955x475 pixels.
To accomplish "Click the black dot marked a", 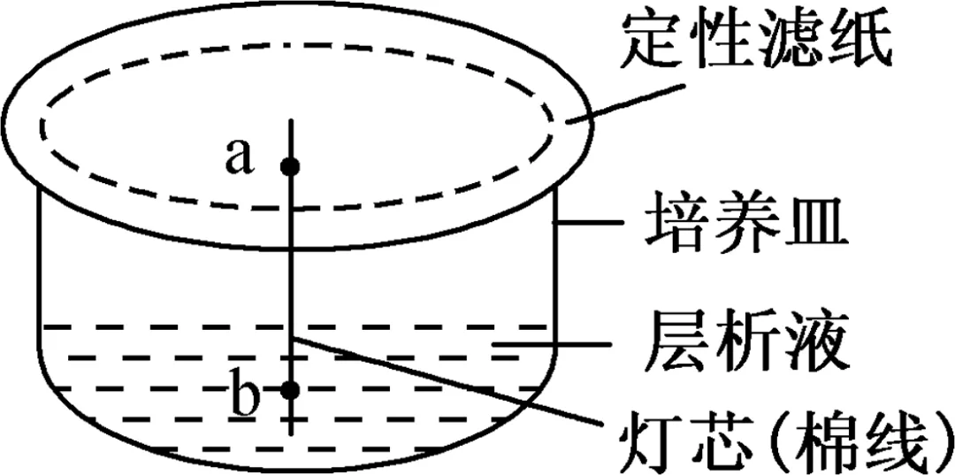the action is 290,165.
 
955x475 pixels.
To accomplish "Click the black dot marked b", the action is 290,388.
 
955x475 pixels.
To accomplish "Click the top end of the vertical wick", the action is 291,119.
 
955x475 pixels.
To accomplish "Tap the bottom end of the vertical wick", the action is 291,433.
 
